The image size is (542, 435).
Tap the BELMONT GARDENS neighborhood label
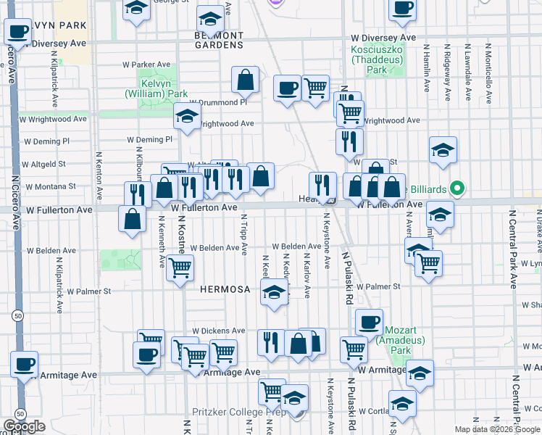pyautogui.click(x=219, y=40)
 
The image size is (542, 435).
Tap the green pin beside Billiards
pyautogui.click(x=456, y=189)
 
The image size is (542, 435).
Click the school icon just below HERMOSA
pyautogui.click(x=274, y=294)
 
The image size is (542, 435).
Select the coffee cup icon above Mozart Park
pyautogui.click(x=369, y=322)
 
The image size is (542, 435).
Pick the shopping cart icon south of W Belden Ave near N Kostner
pyautogui.click(x=180, y=268)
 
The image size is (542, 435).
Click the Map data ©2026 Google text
pyautogui.click(x=497, y=429)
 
